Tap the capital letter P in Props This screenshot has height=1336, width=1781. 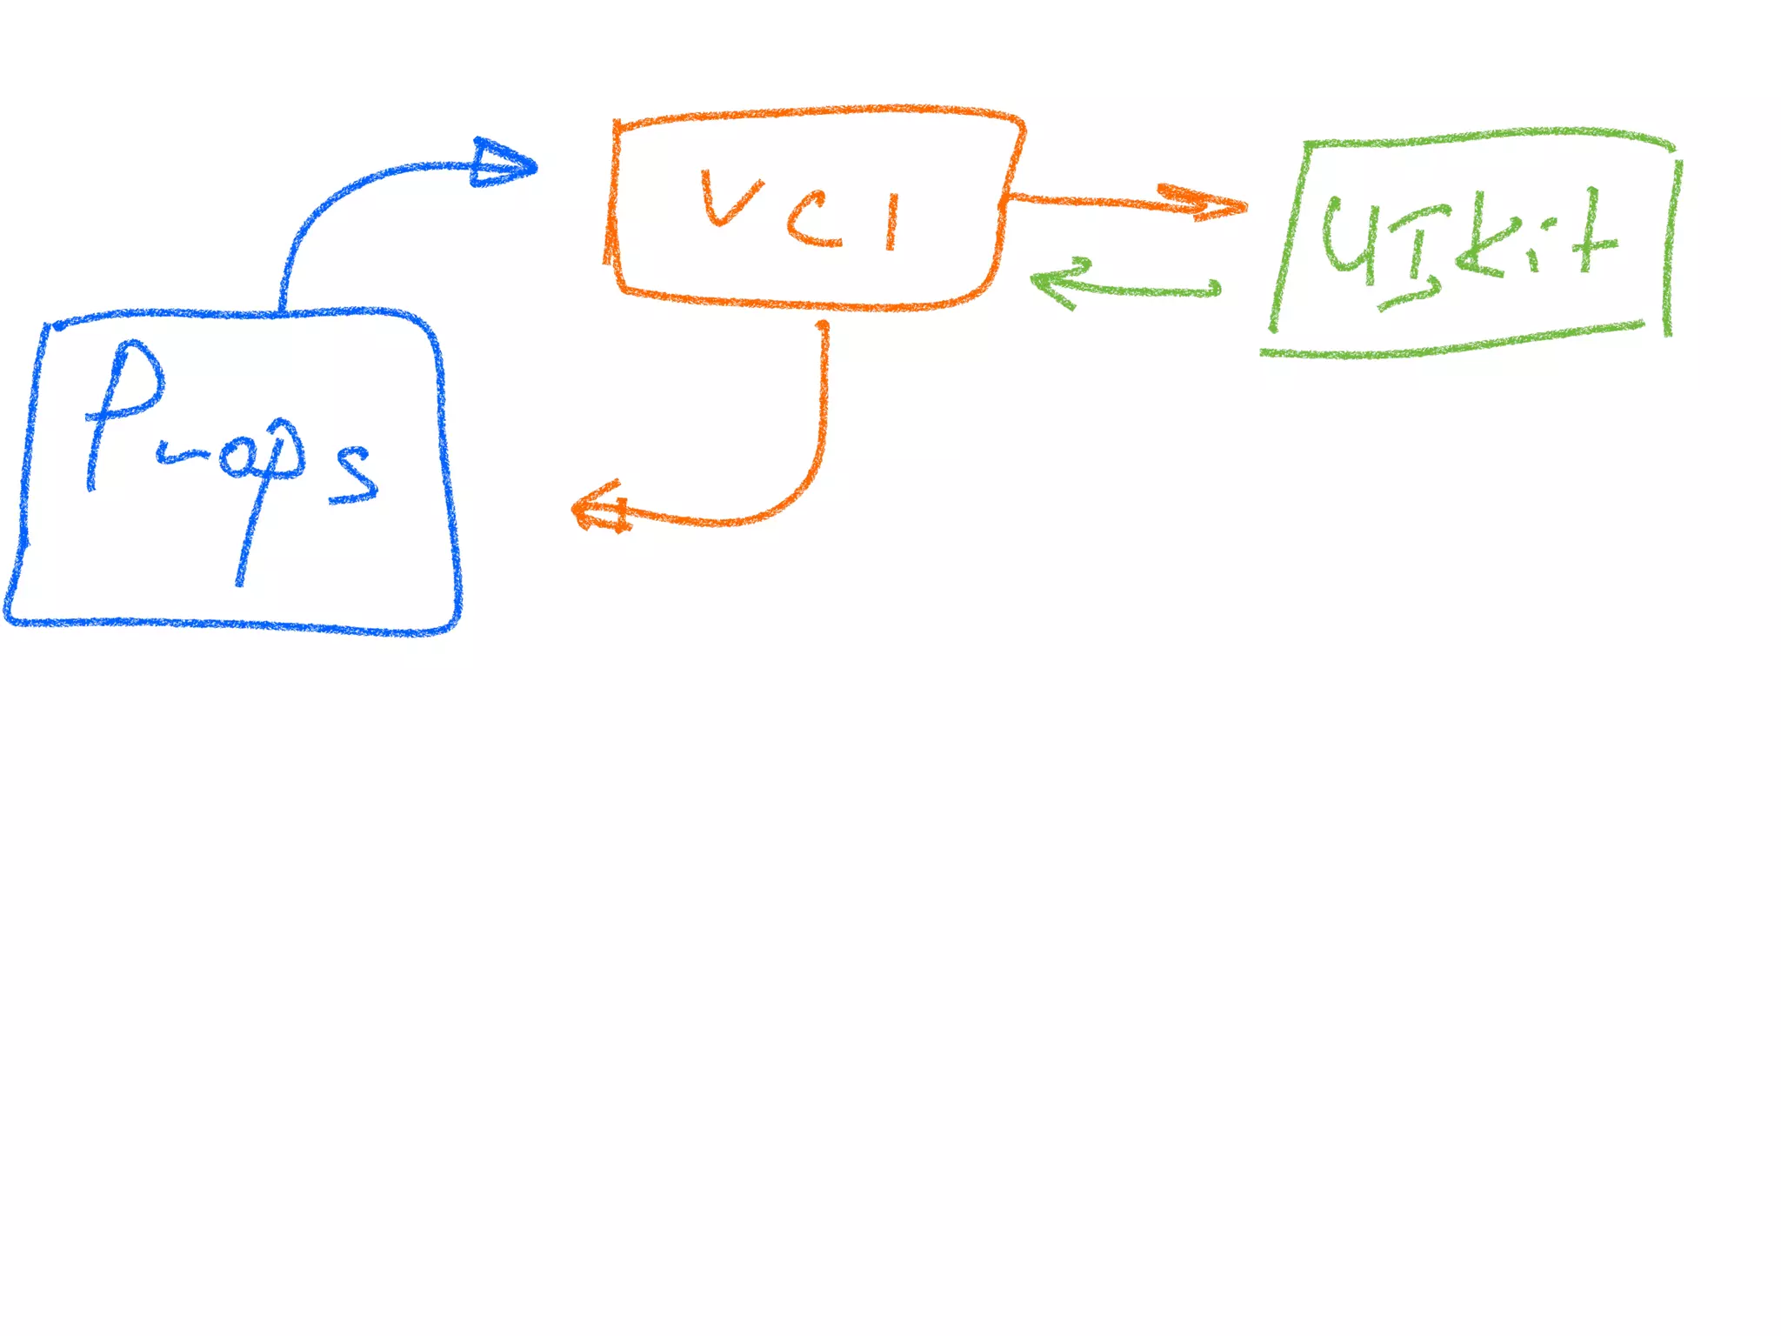tap(122, 409)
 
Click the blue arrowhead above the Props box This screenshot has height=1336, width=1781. tap(503, 164)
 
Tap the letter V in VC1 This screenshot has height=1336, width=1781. tap(729, 198)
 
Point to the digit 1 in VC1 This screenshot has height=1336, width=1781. tap(891, 222)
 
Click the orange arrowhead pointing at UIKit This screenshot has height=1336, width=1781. tap(1213, 205)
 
